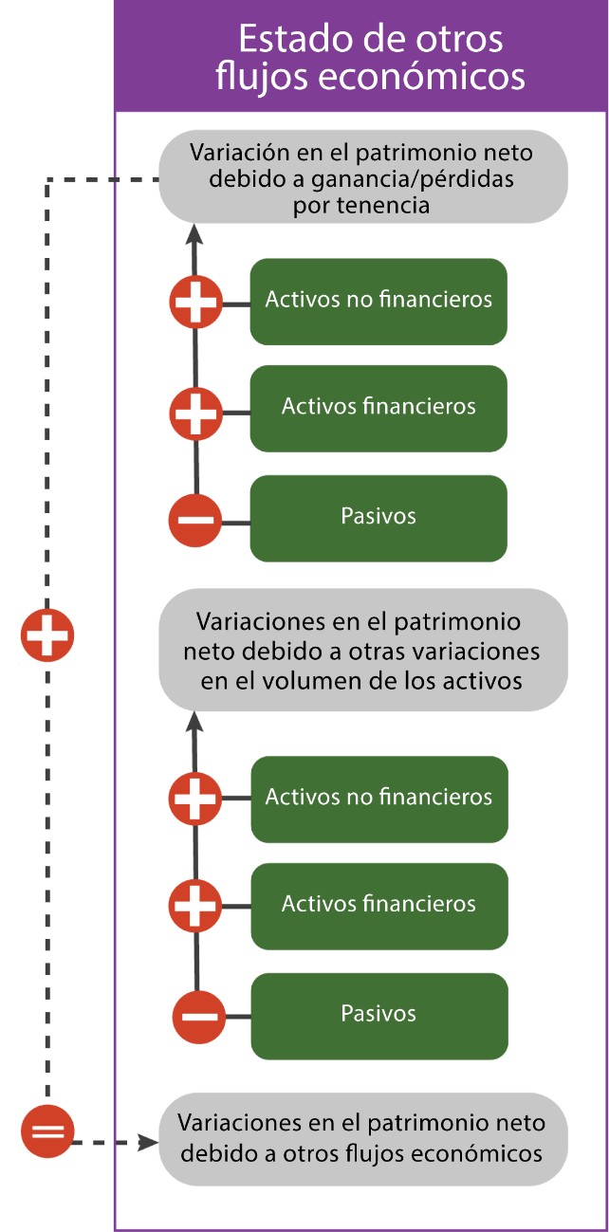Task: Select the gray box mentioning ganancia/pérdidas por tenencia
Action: point(362,177)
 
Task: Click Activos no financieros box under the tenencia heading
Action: point(378,301)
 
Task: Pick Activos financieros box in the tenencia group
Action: point(378,408)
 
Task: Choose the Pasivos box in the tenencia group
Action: point(378,518)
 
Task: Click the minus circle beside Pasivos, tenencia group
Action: point(195,519)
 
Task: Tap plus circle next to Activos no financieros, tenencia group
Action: point(195,303)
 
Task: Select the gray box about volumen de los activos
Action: point(362,651)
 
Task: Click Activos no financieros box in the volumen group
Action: point(378,798)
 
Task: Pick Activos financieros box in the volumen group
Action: point(378,905)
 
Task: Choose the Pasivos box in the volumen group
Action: point(378,1015)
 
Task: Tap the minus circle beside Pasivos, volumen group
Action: point(198,1016)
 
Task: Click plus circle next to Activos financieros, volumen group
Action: point(195,906)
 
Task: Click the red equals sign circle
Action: point(46,1131)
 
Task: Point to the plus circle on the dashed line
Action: point(47,635)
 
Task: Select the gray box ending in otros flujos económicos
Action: point(362,1138)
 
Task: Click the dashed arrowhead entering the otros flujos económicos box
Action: point(148,1142)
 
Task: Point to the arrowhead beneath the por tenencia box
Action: point(194,232)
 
